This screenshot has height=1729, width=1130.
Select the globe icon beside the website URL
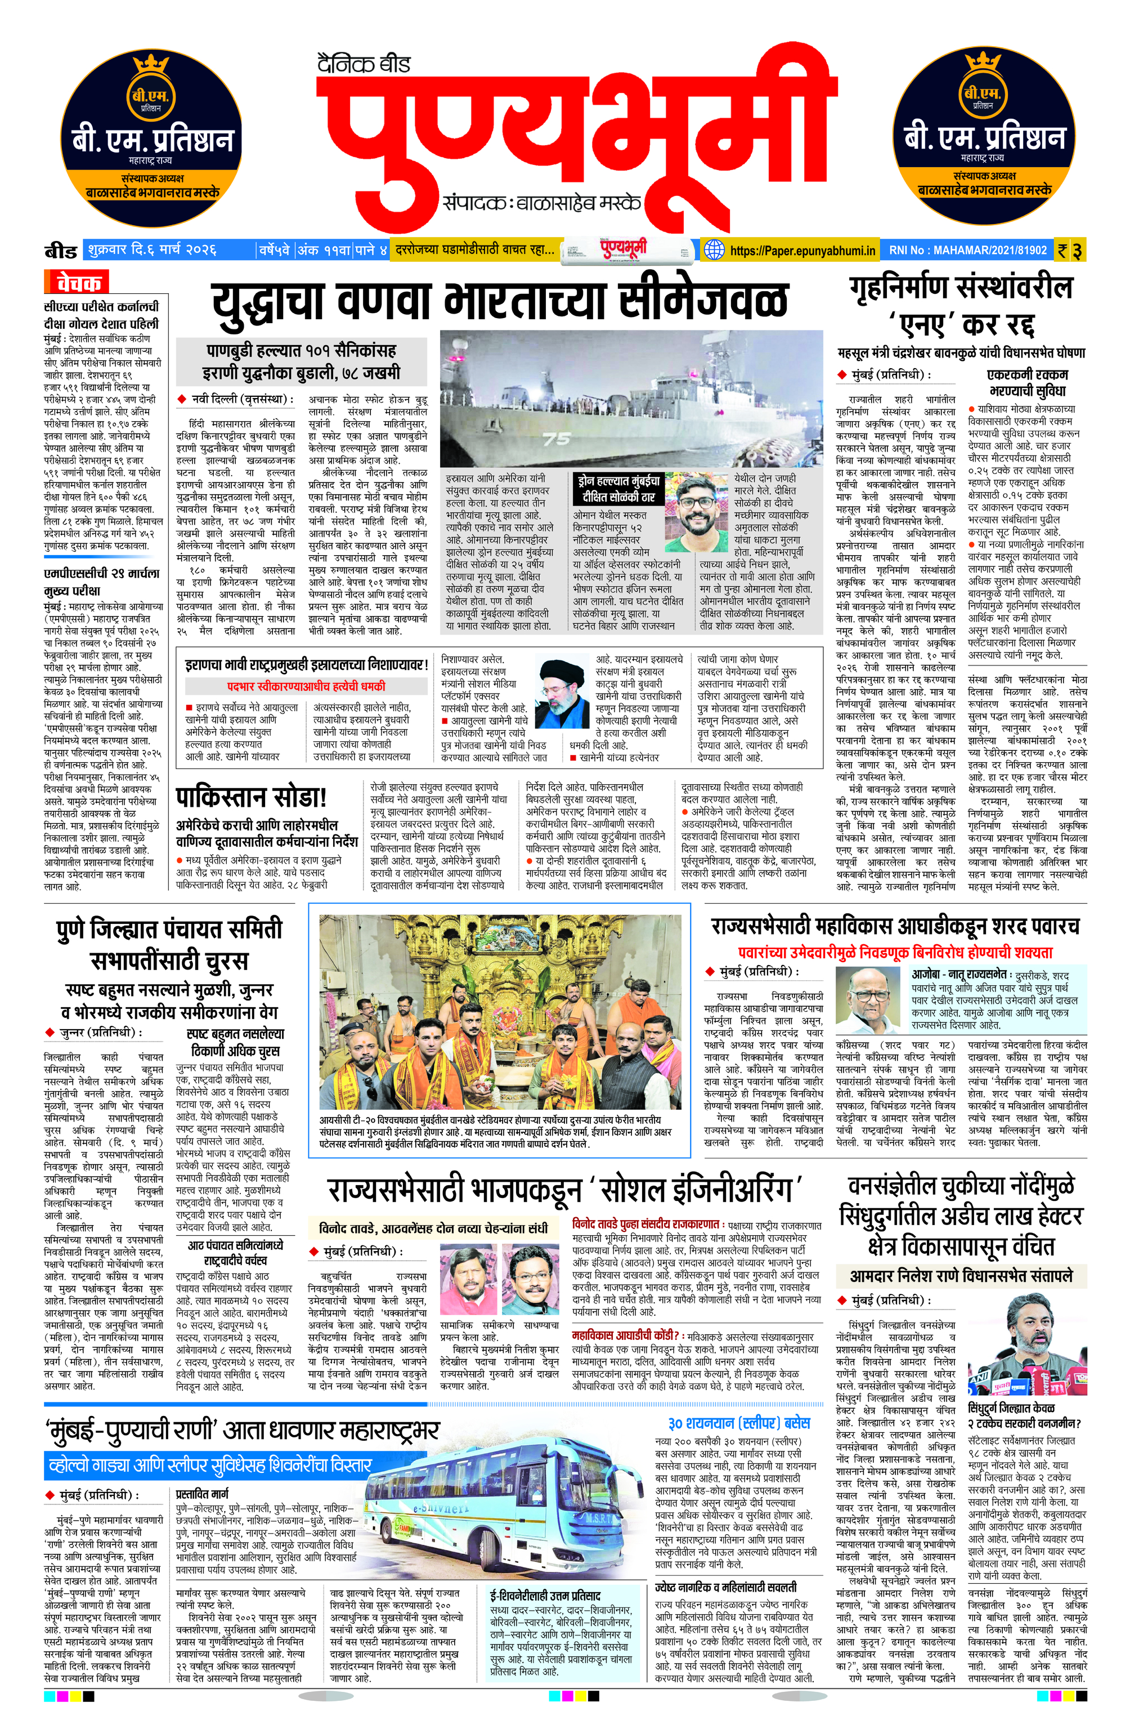point(714,250)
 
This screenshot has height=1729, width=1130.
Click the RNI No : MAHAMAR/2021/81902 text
point(968,250)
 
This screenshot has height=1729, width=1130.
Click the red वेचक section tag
point(78,282)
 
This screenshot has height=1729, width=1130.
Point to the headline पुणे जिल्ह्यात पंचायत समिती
point(169,930)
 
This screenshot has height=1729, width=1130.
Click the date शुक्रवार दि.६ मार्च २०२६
point(153,250)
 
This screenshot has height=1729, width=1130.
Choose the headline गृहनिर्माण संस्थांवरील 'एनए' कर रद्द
point(961,305)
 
